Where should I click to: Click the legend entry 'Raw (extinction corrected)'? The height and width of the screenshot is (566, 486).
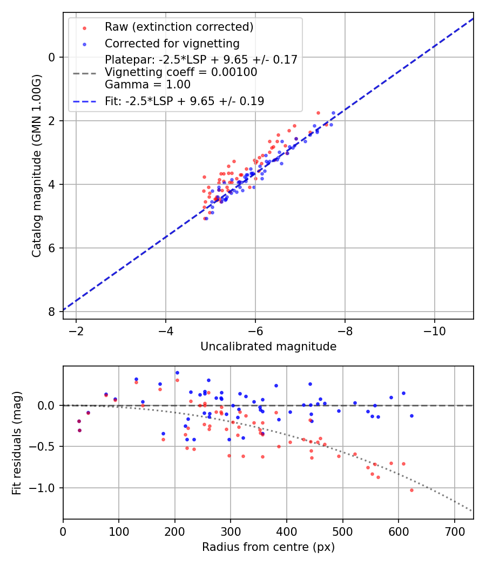[x=179, y=27]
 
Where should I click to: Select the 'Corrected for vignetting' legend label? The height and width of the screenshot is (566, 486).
[x=172, y=43]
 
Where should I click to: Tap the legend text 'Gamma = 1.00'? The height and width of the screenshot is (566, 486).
[x=147, y=84]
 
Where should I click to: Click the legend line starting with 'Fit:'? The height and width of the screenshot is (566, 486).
[x=185, y=101]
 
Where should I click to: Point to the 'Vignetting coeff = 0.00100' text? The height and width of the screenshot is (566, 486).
[x=181, y=72]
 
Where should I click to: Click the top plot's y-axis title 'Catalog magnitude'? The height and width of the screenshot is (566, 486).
[x=36, y=165]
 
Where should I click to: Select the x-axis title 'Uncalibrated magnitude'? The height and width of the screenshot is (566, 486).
[x=268, y=347]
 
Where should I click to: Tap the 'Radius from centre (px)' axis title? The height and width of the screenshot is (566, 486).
[x=268, y=547]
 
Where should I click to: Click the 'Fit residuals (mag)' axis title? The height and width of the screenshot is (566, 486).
[x=17, y=443]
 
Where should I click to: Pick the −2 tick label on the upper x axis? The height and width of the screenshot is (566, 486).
[x=76, y=330]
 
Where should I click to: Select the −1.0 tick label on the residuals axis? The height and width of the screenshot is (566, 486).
[x=45, y=488]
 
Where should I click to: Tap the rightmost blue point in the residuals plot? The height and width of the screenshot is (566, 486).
[x=411, y=416]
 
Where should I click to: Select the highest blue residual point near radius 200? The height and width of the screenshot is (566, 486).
[x=177, y=372]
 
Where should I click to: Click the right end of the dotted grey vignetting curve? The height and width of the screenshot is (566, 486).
[x=471, y=510]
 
